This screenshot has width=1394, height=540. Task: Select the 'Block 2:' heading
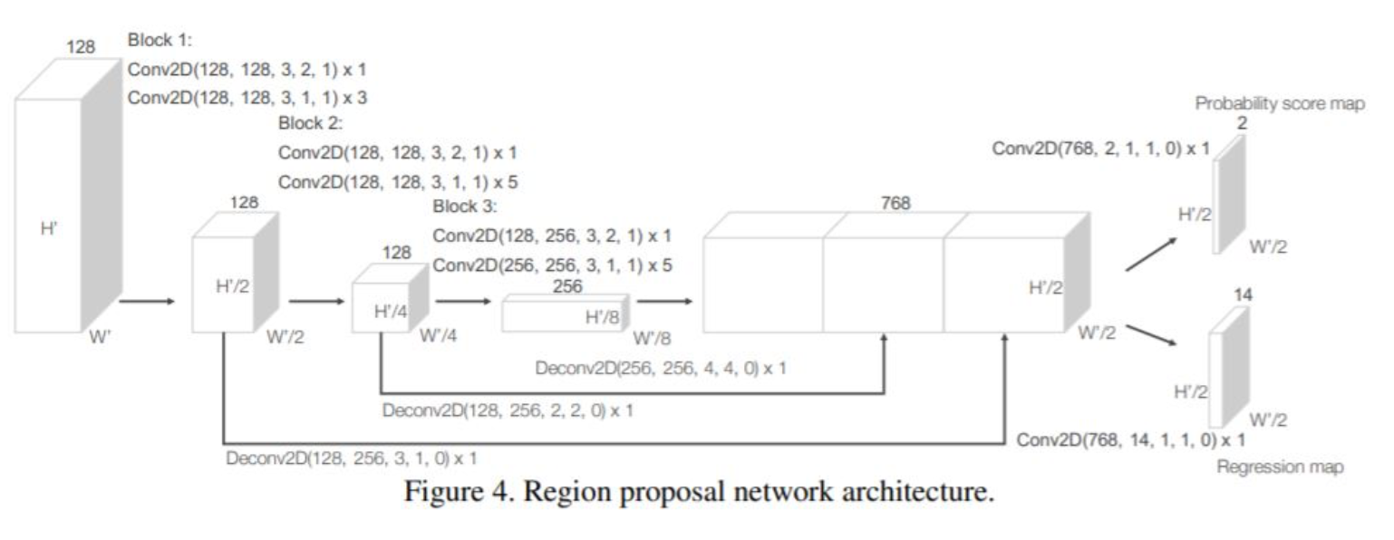coord(310,124)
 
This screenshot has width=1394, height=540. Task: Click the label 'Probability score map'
coord(1279,103)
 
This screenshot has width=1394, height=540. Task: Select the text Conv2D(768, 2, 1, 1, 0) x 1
coord(1100,149)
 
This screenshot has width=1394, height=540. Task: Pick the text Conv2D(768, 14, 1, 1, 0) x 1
coord(1130,440)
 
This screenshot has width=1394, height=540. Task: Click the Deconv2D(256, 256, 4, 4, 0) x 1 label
coord(661,369)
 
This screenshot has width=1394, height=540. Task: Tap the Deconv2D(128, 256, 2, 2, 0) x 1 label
coord(507,410)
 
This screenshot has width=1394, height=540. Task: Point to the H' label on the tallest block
coord(50,228)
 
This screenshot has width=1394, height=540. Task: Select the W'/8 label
coord(652,339)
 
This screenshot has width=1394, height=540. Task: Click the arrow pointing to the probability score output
coord(1152,255)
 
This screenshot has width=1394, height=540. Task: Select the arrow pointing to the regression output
coord(1152,332)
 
